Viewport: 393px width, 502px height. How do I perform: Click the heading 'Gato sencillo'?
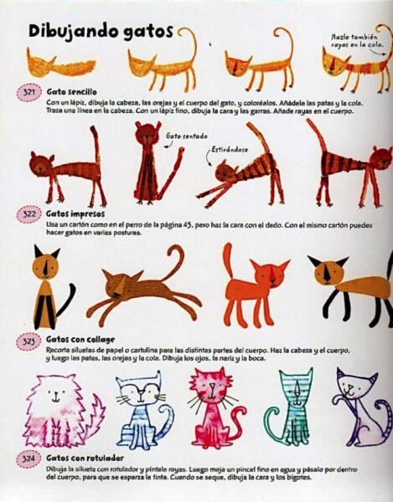pyautogui.click(x=70, y=90)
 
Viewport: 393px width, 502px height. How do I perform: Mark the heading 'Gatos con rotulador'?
pyautogui.click(x=82, y=460)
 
